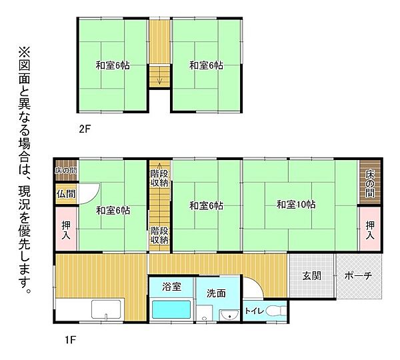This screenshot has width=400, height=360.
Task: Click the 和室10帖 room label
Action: tap(296, 205)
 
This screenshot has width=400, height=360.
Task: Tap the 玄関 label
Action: tap(311, 276)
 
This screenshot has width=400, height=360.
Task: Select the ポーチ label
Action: tap(358, 276)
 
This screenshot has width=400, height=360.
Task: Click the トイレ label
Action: tap(253, 311)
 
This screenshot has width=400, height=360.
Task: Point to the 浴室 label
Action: tap(172, 287)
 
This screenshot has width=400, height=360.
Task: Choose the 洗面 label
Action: tap(215, 292)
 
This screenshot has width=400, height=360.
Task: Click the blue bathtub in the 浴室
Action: tap(172, 309)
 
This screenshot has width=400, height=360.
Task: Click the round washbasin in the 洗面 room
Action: tap(231, 316)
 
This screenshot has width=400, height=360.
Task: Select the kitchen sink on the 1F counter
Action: tap(105, 311)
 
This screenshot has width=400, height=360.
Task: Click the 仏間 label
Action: tap(66, 194)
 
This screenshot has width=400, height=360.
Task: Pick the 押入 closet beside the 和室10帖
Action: tap(370, 230)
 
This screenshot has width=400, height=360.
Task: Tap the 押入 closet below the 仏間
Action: tap(66, 230)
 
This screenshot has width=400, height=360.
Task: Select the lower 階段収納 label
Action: tap(159, 235)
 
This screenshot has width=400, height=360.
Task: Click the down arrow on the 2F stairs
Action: tap(159, 81)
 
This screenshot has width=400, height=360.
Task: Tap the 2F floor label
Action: tap(84, 129)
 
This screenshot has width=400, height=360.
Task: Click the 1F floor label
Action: tap(71, 341)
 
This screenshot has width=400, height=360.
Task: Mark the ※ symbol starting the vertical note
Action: tap(24, 51)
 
